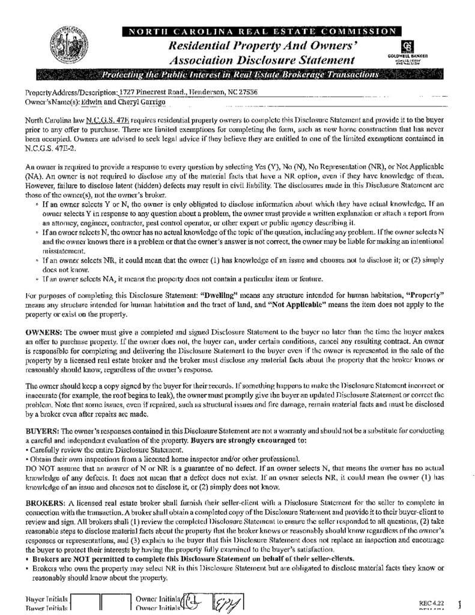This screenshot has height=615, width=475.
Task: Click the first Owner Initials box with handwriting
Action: click(x=194, y=602)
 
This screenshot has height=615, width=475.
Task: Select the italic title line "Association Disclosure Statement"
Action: click(x=262, y=60)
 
